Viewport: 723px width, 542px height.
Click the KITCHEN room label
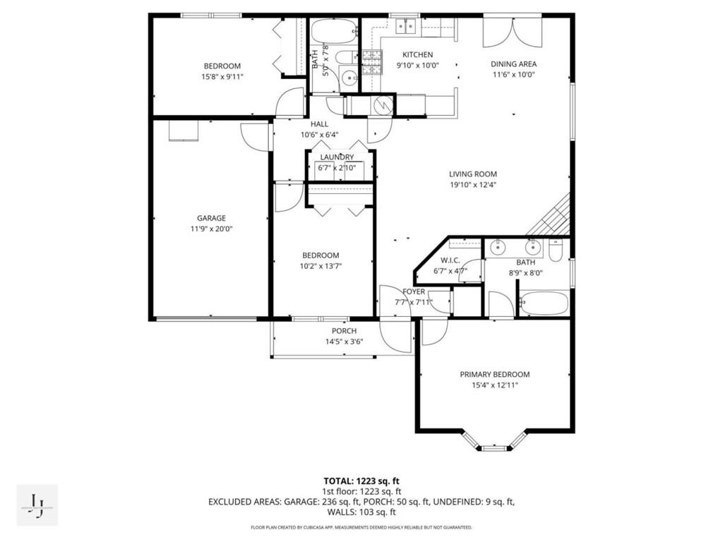[417, 54]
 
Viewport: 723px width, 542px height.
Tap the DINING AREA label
[513, 64]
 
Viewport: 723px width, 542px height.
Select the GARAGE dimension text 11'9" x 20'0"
[211, 229]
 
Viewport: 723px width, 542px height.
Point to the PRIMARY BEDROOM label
[494, 374]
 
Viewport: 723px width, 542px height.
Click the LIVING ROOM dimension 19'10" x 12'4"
[472, 185]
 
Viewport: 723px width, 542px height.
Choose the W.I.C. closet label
[451, 260]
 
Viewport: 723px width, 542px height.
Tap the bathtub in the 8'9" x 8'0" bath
[543, 304]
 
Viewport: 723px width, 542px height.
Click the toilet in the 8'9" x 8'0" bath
[556, 251]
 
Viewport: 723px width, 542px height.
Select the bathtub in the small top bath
[334, 32]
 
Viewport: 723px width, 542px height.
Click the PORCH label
[344, 331]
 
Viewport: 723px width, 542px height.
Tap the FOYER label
[414, 291]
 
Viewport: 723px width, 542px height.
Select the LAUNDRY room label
[337, 157]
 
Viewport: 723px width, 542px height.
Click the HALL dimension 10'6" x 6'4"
[319, 134]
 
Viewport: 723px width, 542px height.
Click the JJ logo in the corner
[37, 505]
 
